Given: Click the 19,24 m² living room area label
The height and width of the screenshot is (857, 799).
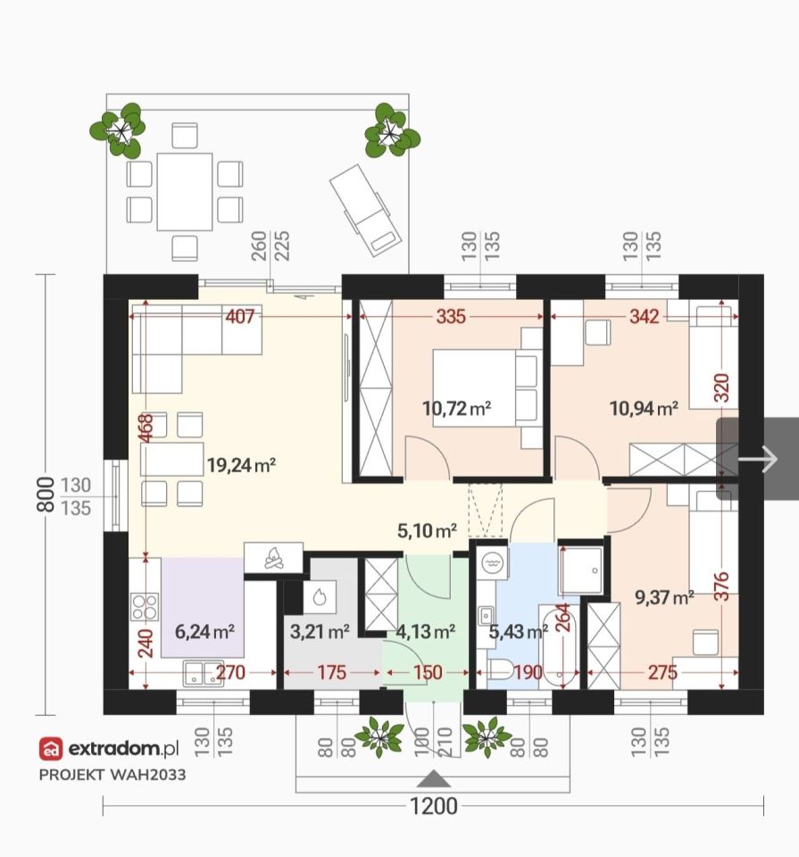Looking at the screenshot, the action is click(241, 465).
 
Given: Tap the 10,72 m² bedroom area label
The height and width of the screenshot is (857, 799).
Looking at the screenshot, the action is click(456, 408).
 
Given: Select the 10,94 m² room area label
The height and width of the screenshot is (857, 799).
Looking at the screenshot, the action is click(644, 408).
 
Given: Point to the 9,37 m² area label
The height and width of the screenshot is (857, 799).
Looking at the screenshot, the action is click(664, 597).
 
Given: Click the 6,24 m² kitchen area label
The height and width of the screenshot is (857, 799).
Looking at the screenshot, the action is click(205, 632).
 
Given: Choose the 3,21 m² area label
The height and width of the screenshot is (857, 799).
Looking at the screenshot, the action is click(320, 632).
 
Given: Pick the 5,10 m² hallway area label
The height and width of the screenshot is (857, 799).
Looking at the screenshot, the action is click(427, 530).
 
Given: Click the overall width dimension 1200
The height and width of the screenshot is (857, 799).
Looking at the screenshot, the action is click(434, 806).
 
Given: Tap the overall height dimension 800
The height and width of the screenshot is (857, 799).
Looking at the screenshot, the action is click(46, 494).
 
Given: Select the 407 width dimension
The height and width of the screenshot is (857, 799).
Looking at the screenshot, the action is click(240, 316).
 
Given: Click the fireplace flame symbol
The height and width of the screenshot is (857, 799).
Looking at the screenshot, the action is click(273, 558).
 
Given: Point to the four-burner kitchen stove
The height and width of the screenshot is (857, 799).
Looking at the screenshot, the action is click(145, 607).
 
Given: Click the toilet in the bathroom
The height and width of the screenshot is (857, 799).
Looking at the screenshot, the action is click(500, 669).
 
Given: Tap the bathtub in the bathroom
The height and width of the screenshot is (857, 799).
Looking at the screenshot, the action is click(559, 647).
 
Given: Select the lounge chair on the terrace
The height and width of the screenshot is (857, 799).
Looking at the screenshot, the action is click(366, 210).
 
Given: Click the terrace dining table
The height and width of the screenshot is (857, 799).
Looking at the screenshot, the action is click(185, 192).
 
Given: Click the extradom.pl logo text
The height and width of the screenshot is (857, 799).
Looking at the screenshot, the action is click(123, 749).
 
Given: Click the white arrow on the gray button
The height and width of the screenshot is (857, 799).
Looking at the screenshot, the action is click(757, 459).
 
